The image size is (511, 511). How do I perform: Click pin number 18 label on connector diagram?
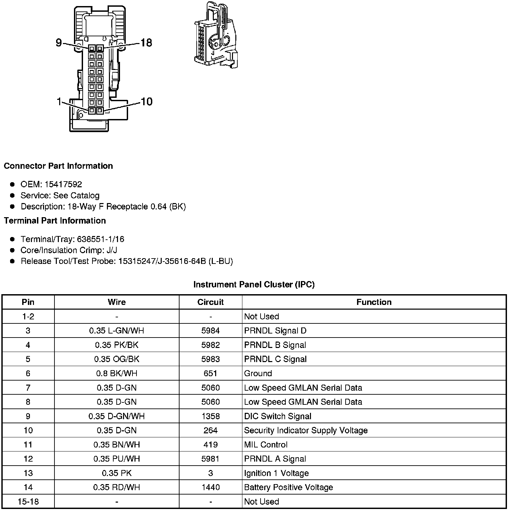pyautogui.click(x=146, y=43)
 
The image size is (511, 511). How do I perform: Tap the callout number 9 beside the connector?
pyautogui.click(x=59, y=43)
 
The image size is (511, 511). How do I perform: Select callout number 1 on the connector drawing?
pyautogui.click(x=59, y=101)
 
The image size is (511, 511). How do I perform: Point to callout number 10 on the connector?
pyautogui.click(x=147, y=101)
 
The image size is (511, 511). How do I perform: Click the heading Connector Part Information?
pyautogui.click(x=58, y=166)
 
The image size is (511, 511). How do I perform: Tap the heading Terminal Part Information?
pyautogui.click(x=55, y=221)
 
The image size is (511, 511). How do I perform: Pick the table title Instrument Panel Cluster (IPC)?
pyautogui.click(x=254, y=284)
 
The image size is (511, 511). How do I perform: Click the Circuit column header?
pyautogui.click(x=210, y=302)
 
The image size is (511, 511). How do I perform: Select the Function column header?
pyautogui.click(x=374, y=302)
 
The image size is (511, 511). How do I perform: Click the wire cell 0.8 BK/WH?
pyautogui.click(x=117, y=373)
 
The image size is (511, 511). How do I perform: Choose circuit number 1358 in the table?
pyautogui.click(x=210, y=416)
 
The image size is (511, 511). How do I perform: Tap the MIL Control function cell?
pyautogui.click(x=266, y=444)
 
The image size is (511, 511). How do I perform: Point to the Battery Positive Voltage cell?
pyautogui.click(x=288, y=487)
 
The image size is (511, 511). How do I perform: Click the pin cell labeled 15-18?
pyautogui.click(x=28, y=502)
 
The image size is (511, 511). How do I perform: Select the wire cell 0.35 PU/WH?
pyautogui.click(x=117, y=459)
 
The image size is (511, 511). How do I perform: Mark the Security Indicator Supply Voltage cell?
pyautogui.click(x=306, y=430)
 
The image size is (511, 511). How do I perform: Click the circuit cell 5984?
pyautogui.click(x=210, y=330)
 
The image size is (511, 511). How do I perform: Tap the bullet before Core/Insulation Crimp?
pyautogui.click(x=12, y=250)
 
